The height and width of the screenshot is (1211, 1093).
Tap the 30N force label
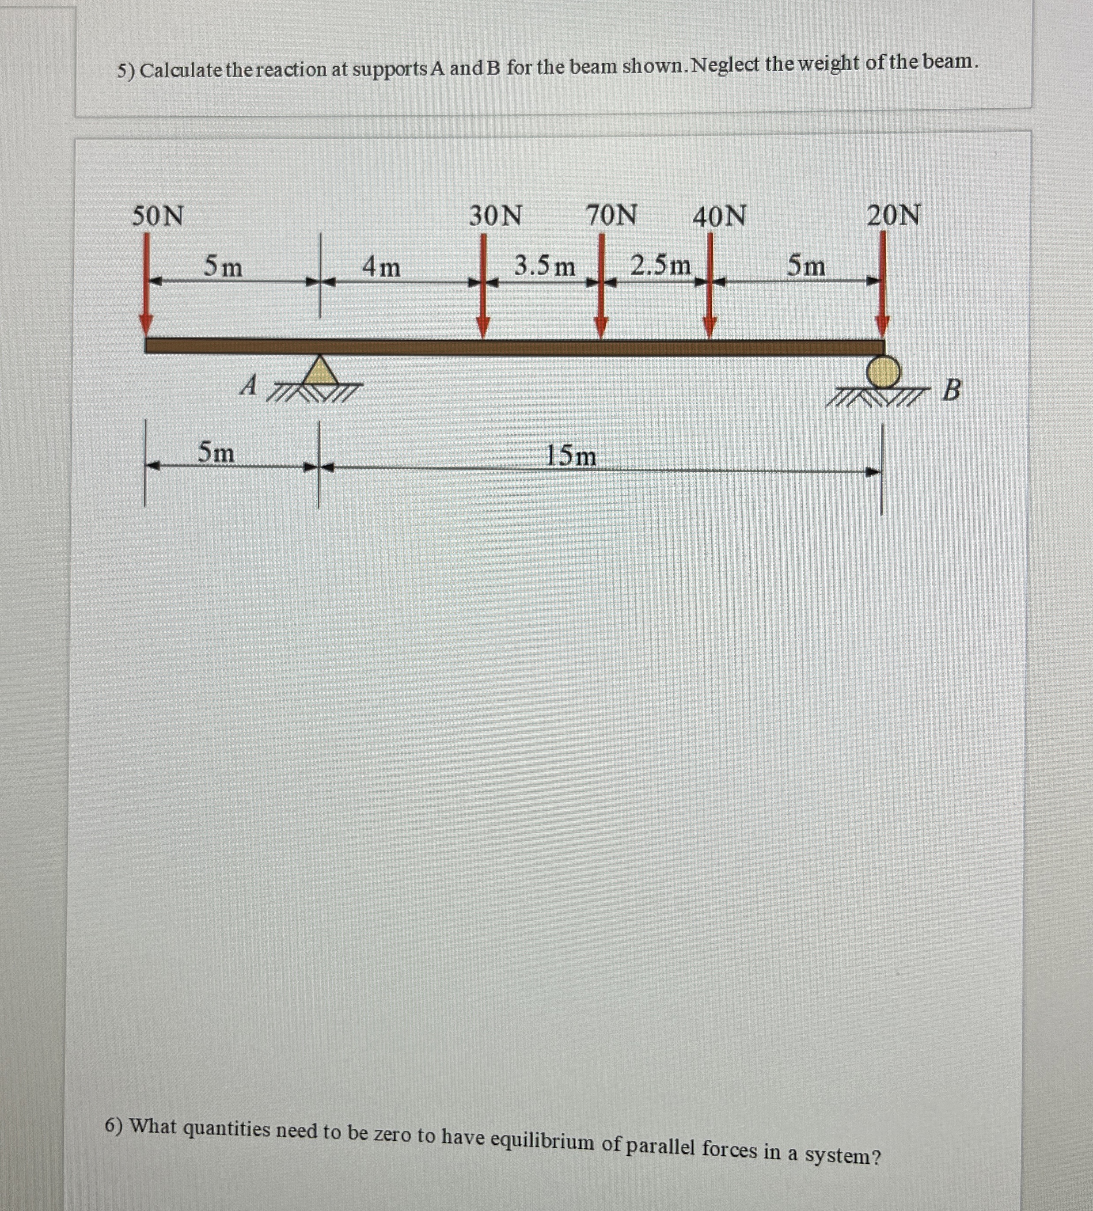495,216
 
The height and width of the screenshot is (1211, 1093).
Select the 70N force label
611,215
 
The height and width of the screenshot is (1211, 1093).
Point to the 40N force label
719,216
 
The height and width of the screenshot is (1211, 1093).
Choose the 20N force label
893,215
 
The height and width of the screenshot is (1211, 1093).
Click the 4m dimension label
381,266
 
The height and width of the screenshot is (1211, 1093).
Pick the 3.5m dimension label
544,266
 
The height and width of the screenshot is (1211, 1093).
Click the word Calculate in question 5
181,70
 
